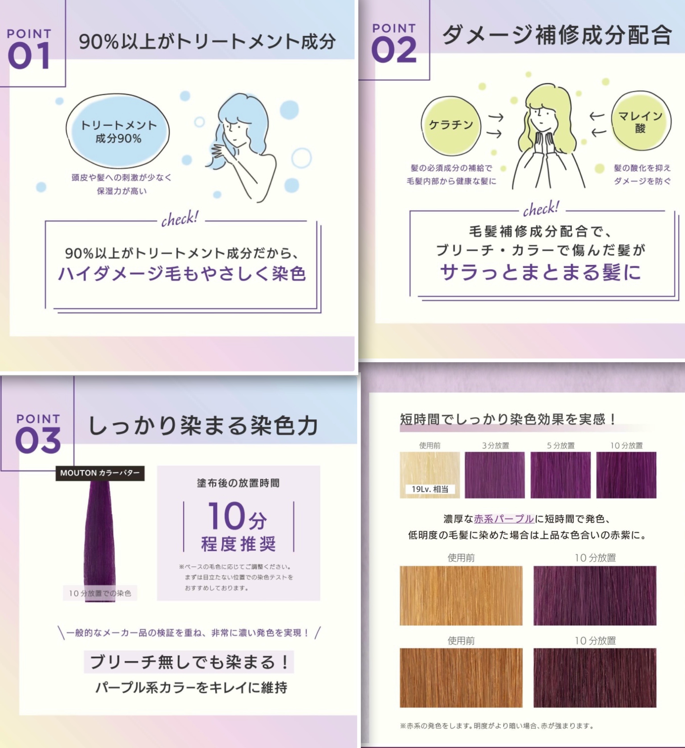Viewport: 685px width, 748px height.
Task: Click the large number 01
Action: [29, 55]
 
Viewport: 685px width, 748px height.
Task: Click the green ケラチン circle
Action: [451, 125]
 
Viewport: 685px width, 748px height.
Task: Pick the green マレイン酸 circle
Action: [641, 122]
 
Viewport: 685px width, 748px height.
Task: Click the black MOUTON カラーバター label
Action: [100, 473]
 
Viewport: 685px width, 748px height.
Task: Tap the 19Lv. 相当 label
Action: [430, 489]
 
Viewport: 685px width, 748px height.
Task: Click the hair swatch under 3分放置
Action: [495, 475]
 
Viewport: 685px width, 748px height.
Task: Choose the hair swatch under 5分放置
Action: [560, 475]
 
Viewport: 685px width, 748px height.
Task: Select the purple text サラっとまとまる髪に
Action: [541, 272]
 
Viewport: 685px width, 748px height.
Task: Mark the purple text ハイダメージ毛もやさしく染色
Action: [182, 274]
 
